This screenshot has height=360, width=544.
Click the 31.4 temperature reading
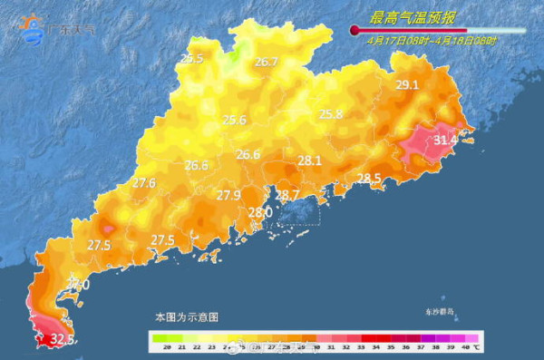(x=445, y=141)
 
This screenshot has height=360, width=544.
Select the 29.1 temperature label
(x=407, y=85)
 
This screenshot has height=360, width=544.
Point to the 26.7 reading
(x=266, y=62)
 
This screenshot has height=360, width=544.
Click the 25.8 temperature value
(x=331, y=114)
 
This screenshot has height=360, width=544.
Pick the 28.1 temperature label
(x=310, y=161)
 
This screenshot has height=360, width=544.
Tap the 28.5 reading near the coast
(x=369, y=178)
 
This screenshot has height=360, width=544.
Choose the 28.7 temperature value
(x=287, y=195)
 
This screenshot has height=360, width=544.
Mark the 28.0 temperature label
(x=260, y=212)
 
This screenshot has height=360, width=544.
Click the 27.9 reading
(x=228, y=195)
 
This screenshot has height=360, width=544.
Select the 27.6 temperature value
(x=144, y=183)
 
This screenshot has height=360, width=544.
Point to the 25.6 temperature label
(x=235, y=120)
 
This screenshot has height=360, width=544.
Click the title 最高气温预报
(x=413, y=17)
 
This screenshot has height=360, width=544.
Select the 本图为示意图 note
(x=187, y=317)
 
